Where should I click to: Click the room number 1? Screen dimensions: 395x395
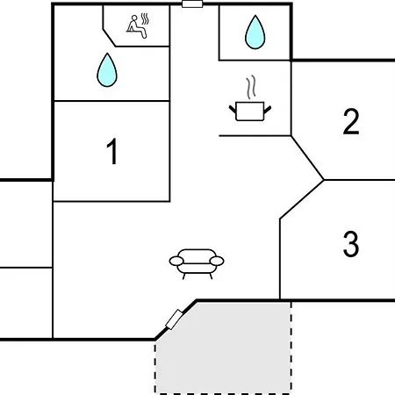(112, 151)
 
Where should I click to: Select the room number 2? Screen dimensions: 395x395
(351, 121)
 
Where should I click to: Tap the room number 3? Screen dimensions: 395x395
(351, 244)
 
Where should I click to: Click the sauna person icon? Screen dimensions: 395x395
(136, 26)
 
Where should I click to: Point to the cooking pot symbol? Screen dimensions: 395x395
(250, 111)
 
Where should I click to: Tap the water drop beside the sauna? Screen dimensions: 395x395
(107, 70)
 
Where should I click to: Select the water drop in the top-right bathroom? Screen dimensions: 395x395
(255, 32)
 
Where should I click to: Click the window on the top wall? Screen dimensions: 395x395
(192, 4)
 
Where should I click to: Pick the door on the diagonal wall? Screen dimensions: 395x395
(175, 320)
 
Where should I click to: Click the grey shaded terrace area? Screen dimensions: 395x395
(223, 348)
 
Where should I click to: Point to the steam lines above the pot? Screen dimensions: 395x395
(251, 87)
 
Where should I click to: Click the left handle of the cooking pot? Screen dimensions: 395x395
(233, 110)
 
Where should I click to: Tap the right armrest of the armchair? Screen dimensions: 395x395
(217, 261)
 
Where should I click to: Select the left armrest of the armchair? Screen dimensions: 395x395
(176, 261)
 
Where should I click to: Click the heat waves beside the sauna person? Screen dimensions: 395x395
(145, 18)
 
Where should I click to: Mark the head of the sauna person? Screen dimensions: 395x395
(134, 18)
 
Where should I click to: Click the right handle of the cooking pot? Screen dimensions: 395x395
(268, 110)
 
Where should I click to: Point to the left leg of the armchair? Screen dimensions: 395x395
(184, 276)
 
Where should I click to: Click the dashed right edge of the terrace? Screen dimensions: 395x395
(291, 348)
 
